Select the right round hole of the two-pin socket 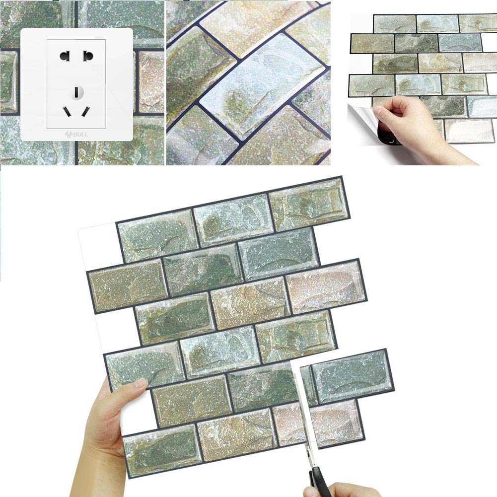click(88, 55)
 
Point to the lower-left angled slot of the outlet click(66, 111)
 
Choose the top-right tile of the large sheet click(308, 203)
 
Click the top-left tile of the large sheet click(156, 235)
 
